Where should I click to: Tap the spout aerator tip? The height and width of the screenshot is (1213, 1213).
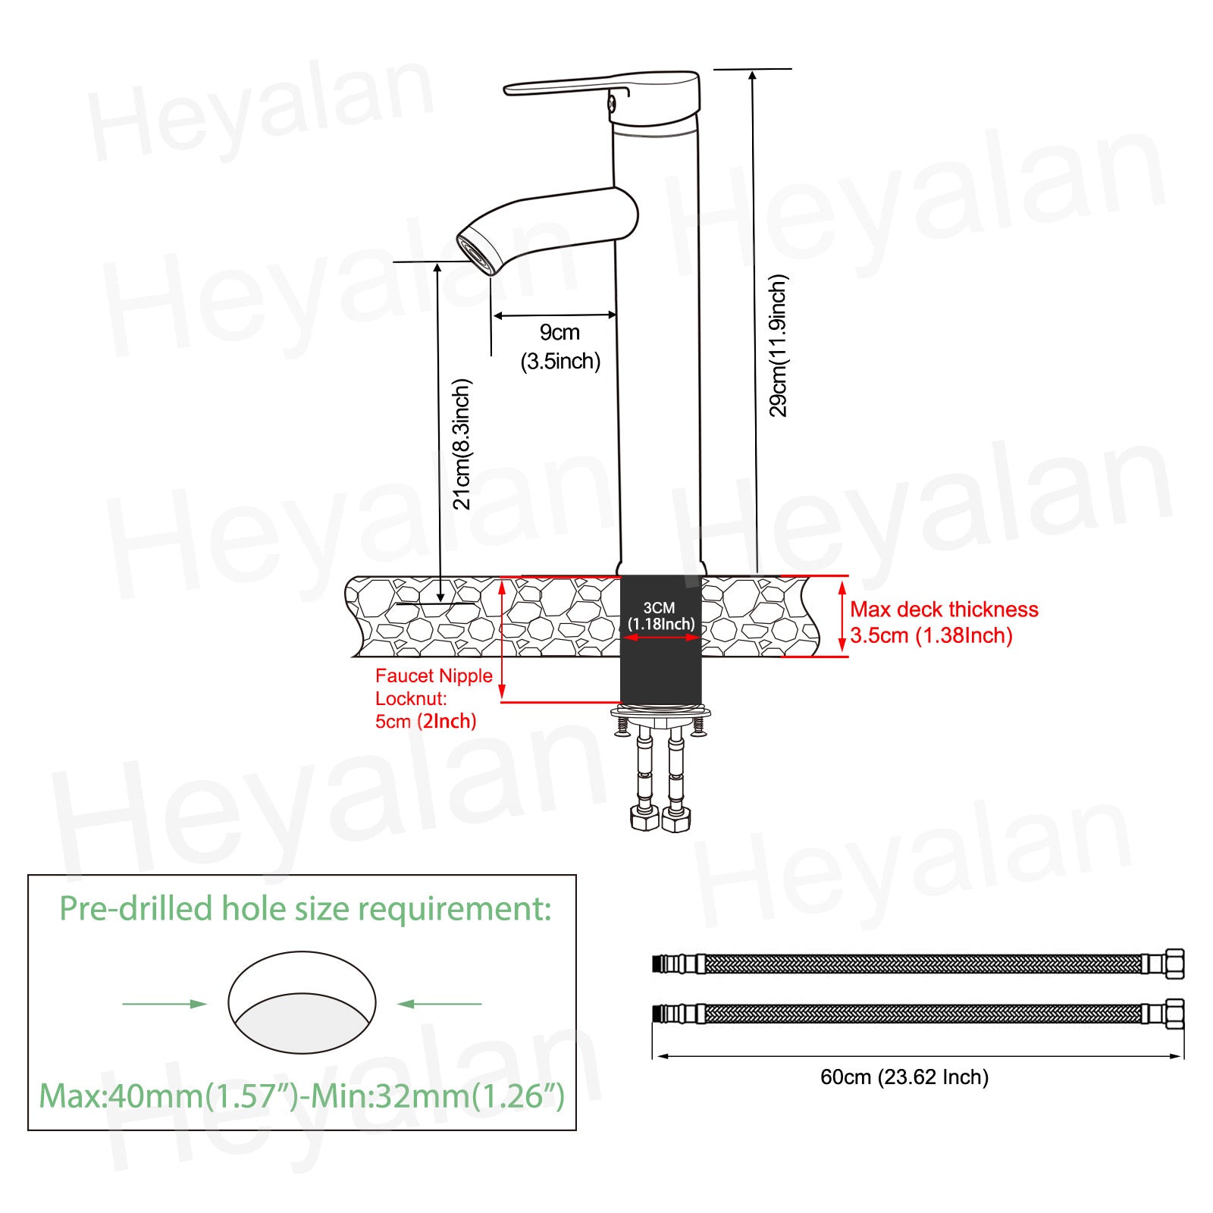pyautogui.click(x=477, y=254)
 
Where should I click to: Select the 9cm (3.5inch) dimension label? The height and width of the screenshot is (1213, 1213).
pyautogui.click(x=560, y=346)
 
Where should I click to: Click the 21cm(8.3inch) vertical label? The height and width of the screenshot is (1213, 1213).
pyautogui.click(x=462, y=444)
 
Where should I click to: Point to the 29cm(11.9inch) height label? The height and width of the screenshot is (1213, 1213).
pyautogui.click(x=779, y=346)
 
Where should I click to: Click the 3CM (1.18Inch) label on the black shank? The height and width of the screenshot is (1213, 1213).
pyautogui.click(x=660, y=616)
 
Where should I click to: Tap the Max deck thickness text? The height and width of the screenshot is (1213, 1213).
pyautogui.click(x=944, y=610)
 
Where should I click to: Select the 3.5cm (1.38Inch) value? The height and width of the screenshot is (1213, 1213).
pyautogui.click(x=931, y=635)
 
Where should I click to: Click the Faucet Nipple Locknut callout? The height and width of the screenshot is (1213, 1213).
pyautogui.click(x=434, y=687)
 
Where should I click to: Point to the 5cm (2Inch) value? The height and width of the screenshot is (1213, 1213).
pyautogui.click(x=426, y=721)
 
